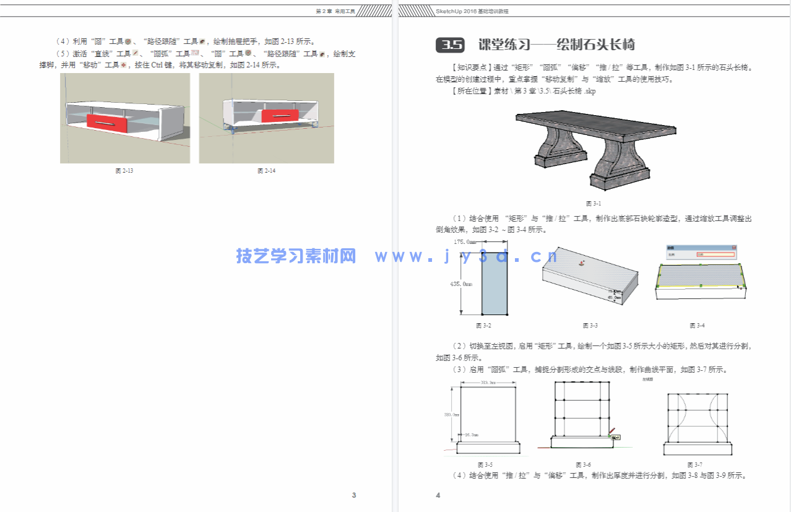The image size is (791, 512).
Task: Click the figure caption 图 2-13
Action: (x=124, y=171)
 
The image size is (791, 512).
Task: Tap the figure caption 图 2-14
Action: (x=266, y=171)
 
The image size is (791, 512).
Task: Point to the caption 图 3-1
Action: (x=593, y=203)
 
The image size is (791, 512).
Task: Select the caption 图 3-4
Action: (x=697, y=326)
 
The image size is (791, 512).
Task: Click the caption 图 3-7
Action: (x=694, y=464)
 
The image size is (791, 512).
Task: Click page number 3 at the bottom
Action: (x=354, y=495)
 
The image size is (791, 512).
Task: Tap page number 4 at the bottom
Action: (x=438, y=495)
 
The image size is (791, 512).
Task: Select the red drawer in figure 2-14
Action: (x=280, y=116)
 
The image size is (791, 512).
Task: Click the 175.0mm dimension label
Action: (x=465, y=242)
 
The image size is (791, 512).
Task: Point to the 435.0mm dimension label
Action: (x=461, y=284)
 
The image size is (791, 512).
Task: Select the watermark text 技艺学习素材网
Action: (x=296, y=256)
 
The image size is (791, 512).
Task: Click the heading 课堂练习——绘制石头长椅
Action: (x=556, y=45)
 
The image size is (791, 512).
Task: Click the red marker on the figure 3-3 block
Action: (x=581, y=263)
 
